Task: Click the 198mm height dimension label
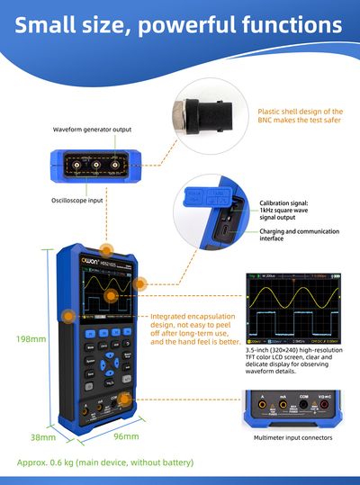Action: [31, 339]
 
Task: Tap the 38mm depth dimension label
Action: [42, 437]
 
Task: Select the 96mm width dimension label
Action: [125, 436]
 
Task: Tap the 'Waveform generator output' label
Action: [92, 130]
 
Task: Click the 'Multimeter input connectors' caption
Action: [293, 437]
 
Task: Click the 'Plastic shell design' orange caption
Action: [300, 111]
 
